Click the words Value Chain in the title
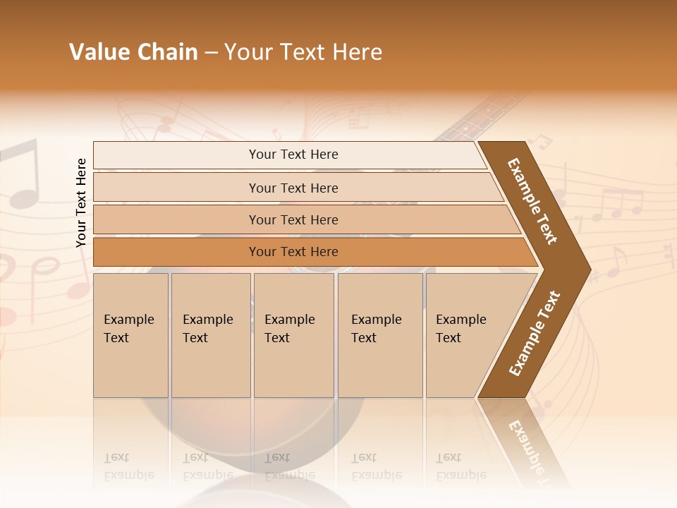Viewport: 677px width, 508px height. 133,52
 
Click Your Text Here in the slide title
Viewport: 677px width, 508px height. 303,52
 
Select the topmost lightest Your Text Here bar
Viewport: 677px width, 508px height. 293,155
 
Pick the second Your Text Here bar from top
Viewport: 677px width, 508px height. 293,188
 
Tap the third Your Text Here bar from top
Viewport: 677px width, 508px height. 293,219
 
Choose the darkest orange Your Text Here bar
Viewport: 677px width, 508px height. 293,252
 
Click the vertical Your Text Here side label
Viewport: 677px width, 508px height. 81,202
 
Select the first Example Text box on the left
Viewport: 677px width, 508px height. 130,334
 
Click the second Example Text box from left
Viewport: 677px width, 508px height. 210,334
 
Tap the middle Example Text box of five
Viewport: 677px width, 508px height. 293,334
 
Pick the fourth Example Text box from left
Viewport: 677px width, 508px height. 379,334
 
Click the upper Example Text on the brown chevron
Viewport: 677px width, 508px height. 532,201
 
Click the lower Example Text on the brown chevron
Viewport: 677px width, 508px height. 535,334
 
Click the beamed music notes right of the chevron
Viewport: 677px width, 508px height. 617,205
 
